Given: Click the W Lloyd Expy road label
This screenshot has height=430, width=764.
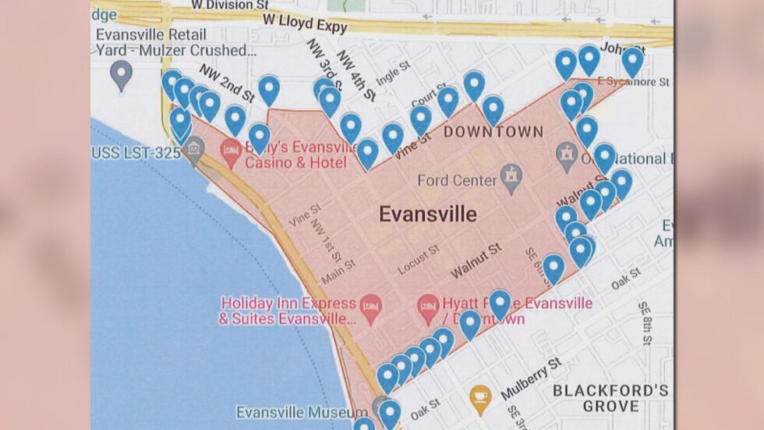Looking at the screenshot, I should [305, 23].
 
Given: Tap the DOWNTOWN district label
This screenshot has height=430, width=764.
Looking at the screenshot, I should [493, 132].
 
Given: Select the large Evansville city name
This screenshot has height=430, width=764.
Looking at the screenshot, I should [428, 214].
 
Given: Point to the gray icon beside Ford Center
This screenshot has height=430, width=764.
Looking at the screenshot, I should [511, 179].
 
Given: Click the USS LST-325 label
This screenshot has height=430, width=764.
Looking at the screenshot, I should [136, 152].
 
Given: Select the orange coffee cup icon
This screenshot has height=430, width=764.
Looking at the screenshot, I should [480, 398].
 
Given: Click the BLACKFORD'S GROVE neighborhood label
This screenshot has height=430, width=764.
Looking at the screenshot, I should [610, 398].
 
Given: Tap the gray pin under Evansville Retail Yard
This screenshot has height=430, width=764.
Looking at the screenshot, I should [121, 76].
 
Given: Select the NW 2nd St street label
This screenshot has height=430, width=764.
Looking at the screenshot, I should [227, 83].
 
